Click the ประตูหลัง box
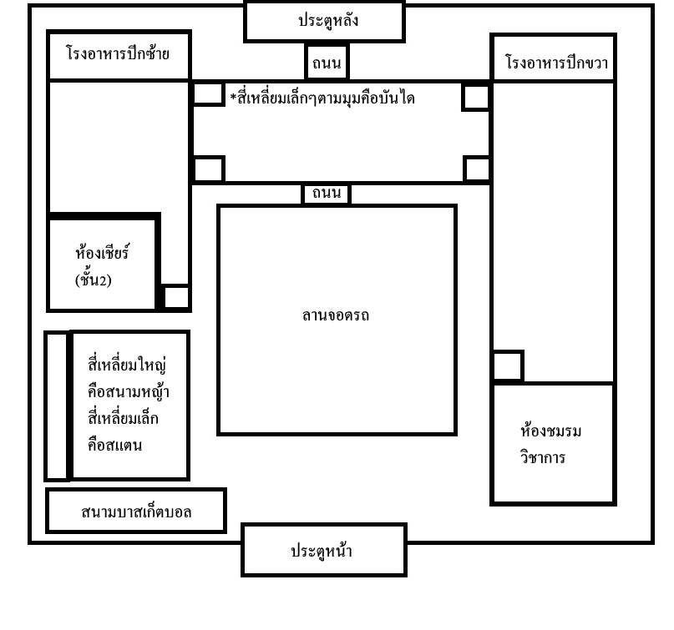[x=325, y=22]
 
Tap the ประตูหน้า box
[x=324, y=550]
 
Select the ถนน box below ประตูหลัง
[x=327, y=63]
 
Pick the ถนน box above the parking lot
[x=327, y=194]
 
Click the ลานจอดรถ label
[x=335, y=316]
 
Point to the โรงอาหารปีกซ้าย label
[x=118, y=53]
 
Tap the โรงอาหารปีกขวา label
[x=556, y=63]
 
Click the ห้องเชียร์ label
[x=102, y=252]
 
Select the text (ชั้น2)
[x=94, y=280]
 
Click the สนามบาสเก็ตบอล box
[x=136, y=511]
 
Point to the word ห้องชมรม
[x=550, y=431]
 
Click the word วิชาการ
[x=543, y=457]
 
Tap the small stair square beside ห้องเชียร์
[x=176, y=297]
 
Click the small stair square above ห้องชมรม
[x=508, y=365]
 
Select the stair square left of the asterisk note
[x=208, y=94]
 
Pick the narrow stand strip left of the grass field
[x=57, y=406]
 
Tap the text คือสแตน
[x=114, y=445]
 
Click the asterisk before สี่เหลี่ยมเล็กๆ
[x=233, y=97]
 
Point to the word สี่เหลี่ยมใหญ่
[x=127, y=365]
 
